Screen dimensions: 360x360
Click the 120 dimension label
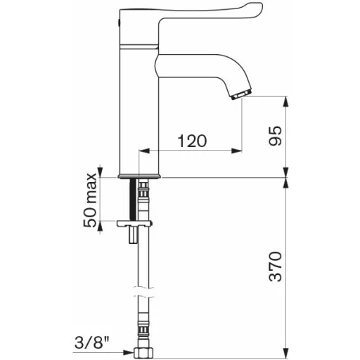pos(192,141)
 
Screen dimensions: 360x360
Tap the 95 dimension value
pos(275,136)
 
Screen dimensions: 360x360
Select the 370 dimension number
pos(275,266)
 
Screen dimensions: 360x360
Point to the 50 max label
pos(90,200)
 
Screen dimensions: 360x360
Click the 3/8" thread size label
pos(92,343)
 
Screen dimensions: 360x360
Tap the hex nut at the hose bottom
pos(143,353)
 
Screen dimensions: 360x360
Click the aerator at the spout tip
pos(242,94)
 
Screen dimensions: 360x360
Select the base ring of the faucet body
pos(140,176)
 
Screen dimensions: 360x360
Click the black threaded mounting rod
pos(133,200)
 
